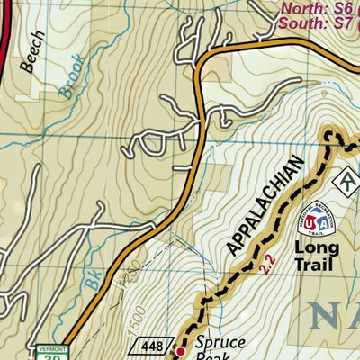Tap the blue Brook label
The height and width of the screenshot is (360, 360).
click(72, 77)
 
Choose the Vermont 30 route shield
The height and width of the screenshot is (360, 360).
click(50, 352)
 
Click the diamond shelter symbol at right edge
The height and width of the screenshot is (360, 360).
click(347, 181)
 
